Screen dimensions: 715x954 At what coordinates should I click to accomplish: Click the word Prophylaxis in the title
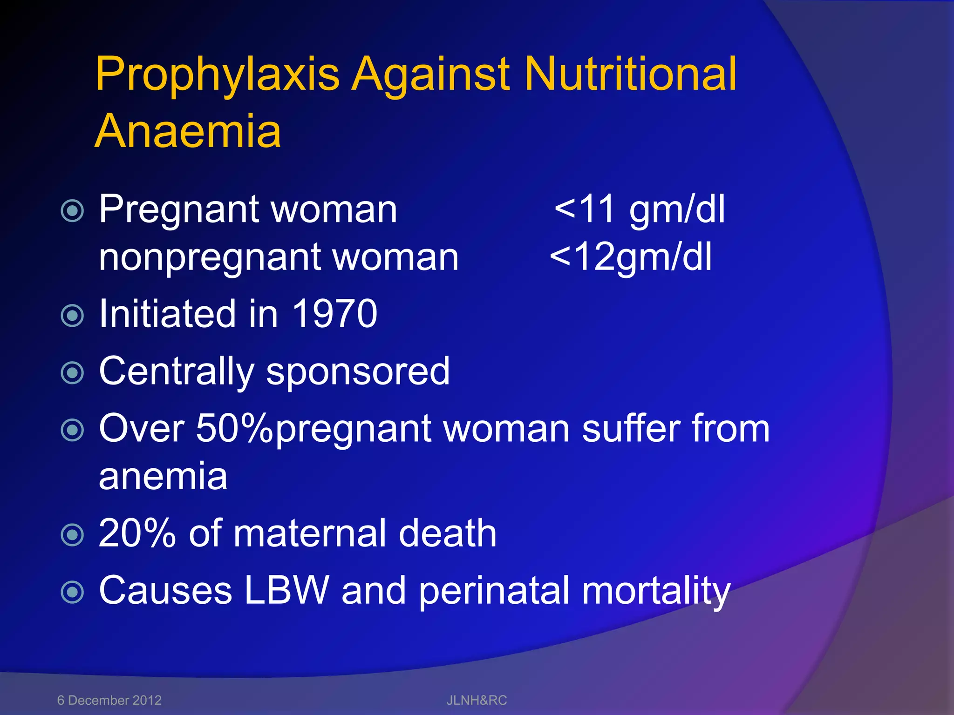pos(217,74)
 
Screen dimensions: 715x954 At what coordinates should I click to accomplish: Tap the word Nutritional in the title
pos(631,74)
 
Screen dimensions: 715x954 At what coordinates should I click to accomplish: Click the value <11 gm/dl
pos(640,210)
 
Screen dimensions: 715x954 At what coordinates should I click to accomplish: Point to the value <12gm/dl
pos(631,257)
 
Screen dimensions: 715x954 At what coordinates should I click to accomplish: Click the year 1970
pos(334,314)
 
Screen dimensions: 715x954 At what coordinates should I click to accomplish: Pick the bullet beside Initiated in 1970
pos(73,316)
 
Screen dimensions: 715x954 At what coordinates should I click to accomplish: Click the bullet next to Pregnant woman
pos(73,211)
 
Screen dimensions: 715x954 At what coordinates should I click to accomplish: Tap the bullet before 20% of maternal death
pos(73,535)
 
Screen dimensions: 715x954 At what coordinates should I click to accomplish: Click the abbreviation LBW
pos(286,590)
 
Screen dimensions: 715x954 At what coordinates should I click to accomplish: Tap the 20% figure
pos(137,533)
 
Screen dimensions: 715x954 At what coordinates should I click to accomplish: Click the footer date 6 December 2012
pos(109,700)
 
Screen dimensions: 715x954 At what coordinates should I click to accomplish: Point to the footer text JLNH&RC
pos(477,700)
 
